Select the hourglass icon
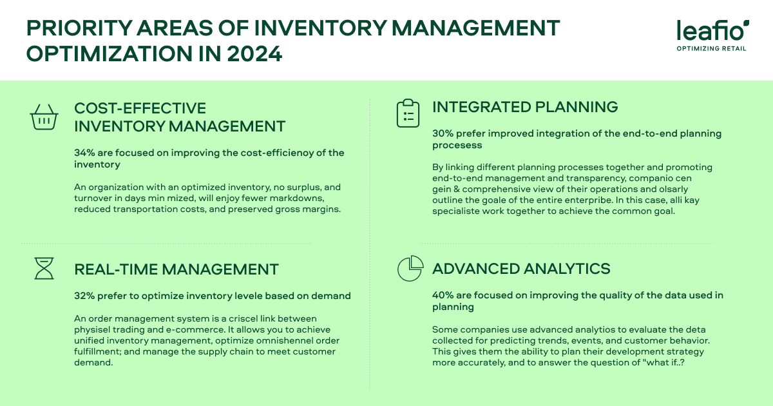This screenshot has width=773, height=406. click(44, 267)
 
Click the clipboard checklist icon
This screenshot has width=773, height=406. click(407, 113)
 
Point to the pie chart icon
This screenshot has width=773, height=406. click(409, 268)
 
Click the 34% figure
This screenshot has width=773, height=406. click(84, 153)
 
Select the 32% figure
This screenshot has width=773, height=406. click(84, 296)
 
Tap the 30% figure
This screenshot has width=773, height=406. click(443, 134)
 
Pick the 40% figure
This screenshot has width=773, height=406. click(443, 295)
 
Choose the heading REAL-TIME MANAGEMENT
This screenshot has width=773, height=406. click(177, 269)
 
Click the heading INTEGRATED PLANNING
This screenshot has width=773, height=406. click(525, 107)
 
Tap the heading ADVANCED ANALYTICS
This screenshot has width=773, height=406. click(521, 268)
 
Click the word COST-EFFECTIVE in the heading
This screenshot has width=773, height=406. click(140, 108)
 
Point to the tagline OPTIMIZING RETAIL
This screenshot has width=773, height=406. click(712, 48)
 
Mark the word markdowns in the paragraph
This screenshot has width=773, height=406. click(300, 198)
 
